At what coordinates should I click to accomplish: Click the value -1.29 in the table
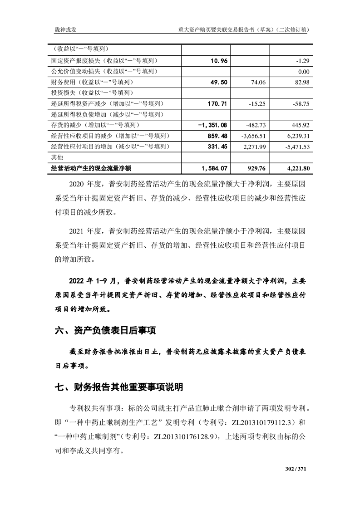point(302,61)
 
